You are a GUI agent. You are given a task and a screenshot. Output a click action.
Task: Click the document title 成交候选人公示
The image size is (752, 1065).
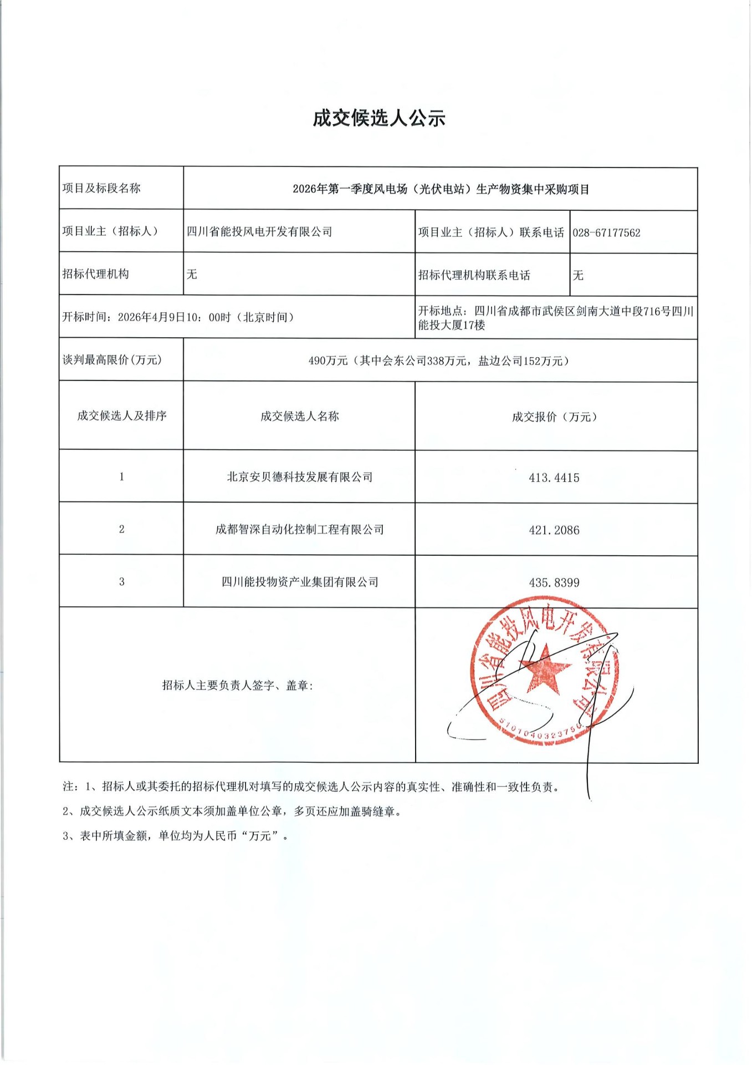(x=379, y=118)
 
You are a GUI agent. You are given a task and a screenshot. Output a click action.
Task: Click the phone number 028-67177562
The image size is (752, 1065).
(x=606, y=233)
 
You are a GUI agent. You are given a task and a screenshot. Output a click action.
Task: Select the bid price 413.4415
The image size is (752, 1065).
(x=554, y=478)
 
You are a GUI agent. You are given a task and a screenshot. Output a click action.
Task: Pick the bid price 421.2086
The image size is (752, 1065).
(x=554, y=530)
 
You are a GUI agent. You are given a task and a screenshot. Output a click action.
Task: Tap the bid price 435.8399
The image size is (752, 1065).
(x=554, y=583)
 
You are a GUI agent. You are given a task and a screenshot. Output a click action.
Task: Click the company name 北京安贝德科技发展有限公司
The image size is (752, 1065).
(x=300, y=477)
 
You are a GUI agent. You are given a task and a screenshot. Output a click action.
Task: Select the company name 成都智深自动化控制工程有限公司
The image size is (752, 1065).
(x=300, y=530)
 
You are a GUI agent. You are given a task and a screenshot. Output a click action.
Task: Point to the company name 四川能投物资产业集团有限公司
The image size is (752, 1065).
(x=300, y=582)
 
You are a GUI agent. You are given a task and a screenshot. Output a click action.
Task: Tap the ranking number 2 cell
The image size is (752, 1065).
(x=121, y=529)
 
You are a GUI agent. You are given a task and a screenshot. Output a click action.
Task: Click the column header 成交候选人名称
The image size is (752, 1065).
(x=300, y=416)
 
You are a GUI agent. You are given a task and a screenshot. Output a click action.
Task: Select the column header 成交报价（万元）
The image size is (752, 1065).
(x=554, y=417)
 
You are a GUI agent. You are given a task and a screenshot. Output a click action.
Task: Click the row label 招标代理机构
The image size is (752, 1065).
(x=96, y=274)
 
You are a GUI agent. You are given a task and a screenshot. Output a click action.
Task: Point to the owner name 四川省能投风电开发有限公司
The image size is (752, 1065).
(x=259, y=232)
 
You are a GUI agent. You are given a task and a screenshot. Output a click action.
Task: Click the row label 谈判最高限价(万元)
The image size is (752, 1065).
(x=112, y=360)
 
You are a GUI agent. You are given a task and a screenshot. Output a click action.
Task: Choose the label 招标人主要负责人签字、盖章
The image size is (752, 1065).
(x=237, y=686)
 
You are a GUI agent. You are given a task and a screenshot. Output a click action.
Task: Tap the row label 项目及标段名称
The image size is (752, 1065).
(x=101, y=189)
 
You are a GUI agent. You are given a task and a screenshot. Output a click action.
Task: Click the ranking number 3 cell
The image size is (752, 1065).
(x=121, y=582)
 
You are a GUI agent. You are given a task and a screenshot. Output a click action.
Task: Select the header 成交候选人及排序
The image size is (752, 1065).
(x=121, y=416)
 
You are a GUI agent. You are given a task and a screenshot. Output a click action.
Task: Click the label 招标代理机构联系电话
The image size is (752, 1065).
(x=474, y=275)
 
